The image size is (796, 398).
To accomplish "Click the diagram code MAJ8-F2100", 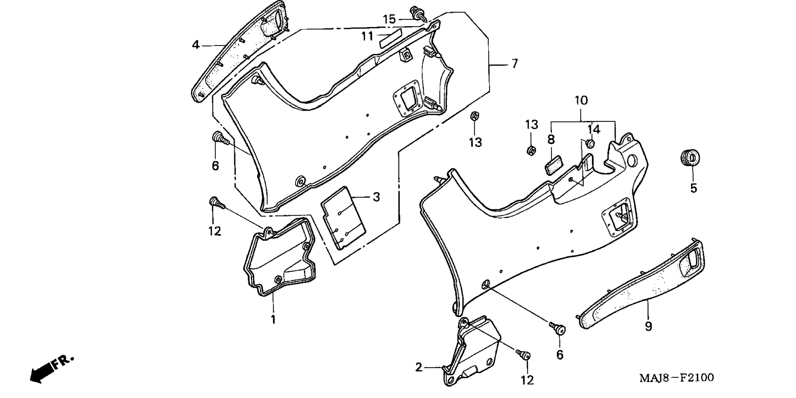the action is [676, 378].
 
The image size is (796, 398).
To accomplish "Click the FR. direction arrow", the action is [52, 369].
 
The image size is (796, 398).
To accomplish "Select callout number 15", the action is [389, 19].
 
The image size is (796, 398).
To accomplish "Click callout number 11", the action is [367, 36].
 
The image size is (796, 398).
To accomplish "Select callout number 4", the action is [196, 44].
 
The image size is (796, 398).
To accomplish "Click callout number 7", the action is [514, 64].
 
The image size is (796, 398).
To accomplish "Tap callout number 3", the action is [376, 197].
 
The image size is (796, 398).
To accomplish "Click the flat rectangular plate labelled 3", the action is [344, 218].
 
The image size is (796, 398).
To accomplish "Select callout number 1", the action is [273, 320].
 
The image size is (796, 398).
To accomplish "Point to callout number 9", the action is [648, 326].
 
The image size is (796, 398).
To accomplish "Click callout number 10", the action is [581, 100].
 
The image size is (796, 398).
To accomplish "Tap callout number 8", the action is [551, 139].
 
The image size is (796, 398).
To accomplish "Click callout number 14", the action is [594, 129].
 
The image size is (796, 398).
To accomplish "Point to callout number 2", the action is [419, 367].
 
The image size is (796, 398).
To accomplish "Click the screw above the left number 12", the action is [216, 203].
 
